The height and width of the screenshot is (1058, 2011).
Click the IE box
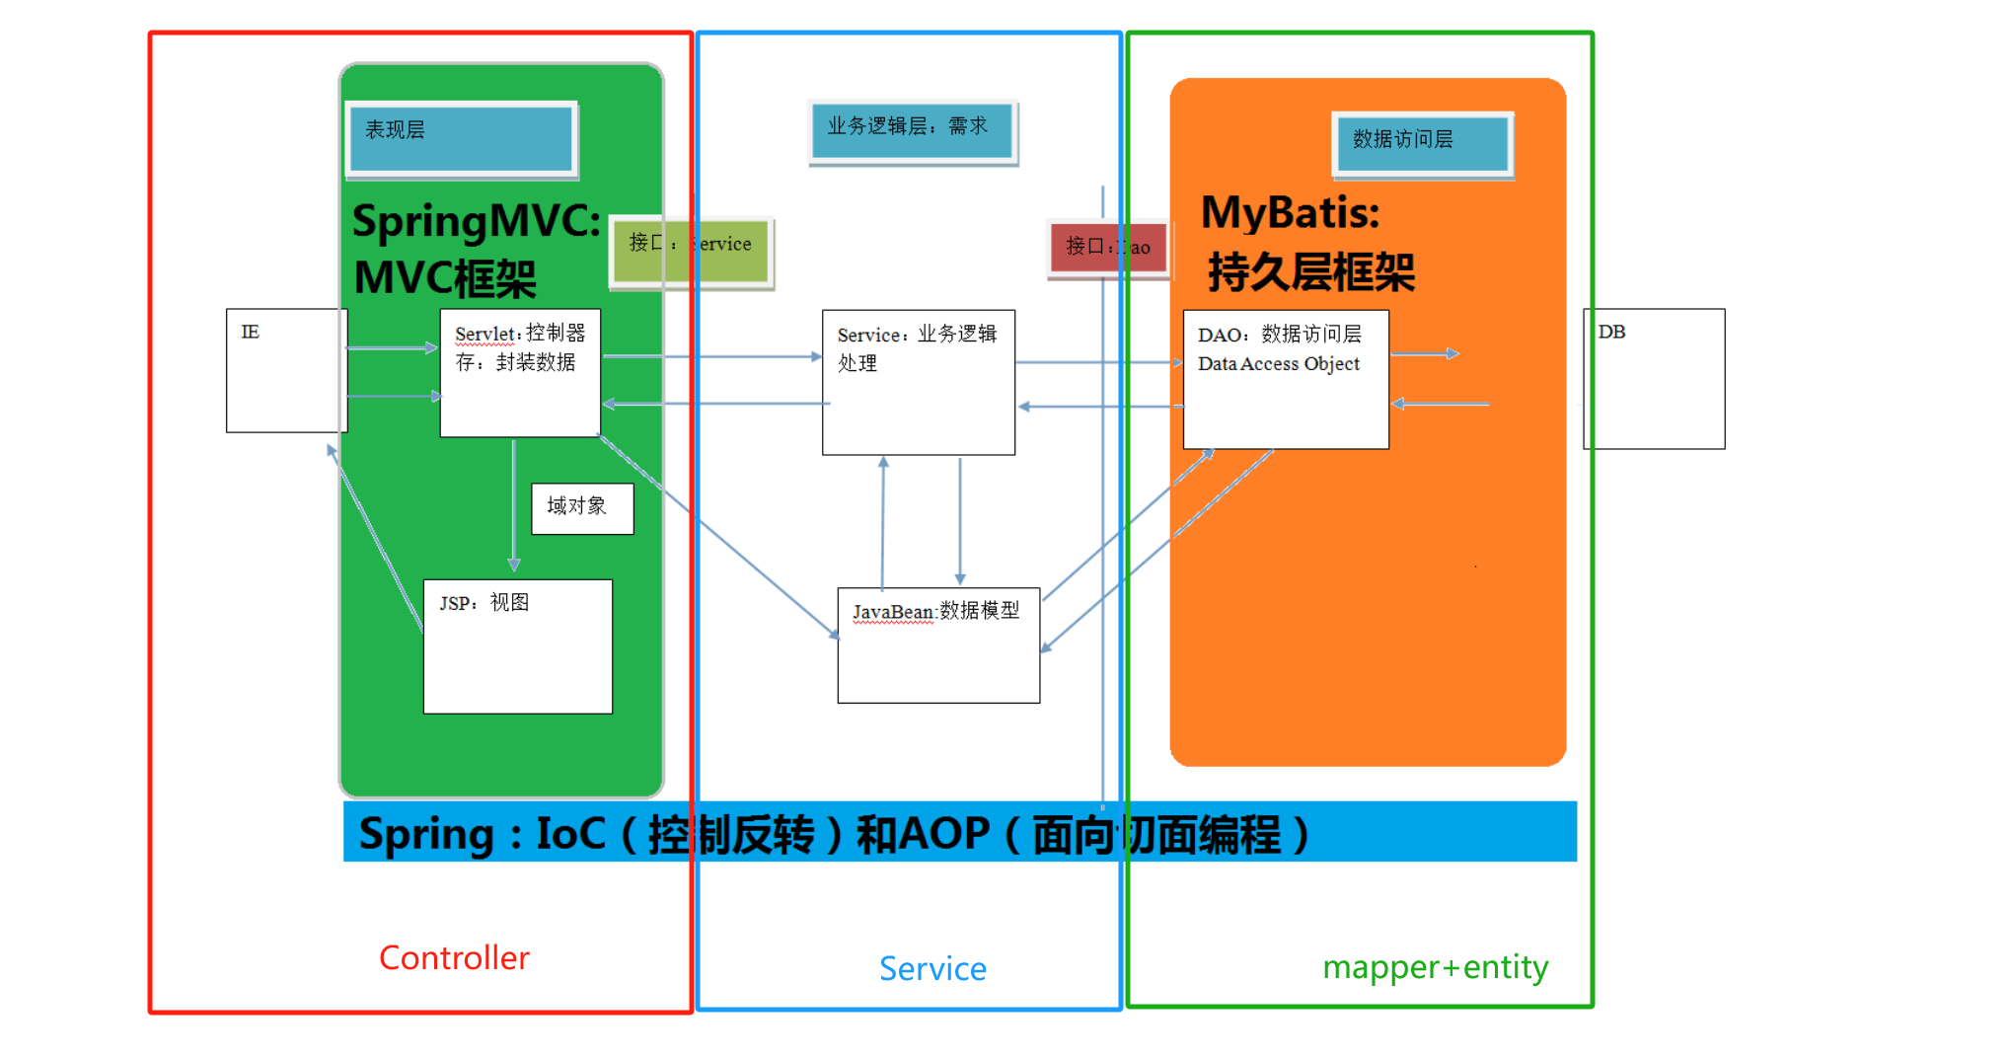(286, 370)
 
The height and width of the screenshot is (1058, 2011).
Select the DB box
(1654, 379)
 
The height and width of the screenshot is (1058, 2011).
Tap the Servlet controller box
(520, 373)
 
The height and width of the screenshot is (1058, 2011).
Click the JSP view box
(517, 646)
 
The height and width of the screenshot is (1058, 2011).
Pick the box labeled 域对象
(582, 508)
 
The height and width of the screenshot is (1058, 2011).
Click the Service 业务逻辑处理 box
(918, 382)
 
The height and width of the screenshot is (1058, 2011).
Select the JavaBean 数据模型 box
(937, 645)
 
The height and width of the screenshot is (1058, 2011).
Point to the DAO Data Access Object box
(1285, 380)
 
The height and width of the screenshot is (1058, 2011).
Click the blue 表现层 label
(461, 138)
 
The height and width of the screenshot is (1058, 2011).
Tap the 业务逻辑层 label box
(912, 131)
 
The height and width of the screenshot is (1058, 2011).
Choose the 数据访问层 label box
(1421, 143)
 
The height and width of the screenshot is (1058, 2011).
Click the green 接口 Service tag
(691, 252)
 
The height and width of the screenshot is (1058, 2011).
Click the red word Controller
(454, 958)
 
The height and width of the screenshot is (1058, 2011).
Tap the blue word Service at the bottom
(932, 969)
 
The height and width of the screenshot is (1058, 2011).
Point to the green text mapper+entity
(1435, 967)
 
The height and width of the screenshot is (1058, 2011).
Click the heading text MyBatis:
(1290, 213)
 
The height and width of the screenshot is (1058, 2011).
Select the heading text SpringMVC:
(476, 221)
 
